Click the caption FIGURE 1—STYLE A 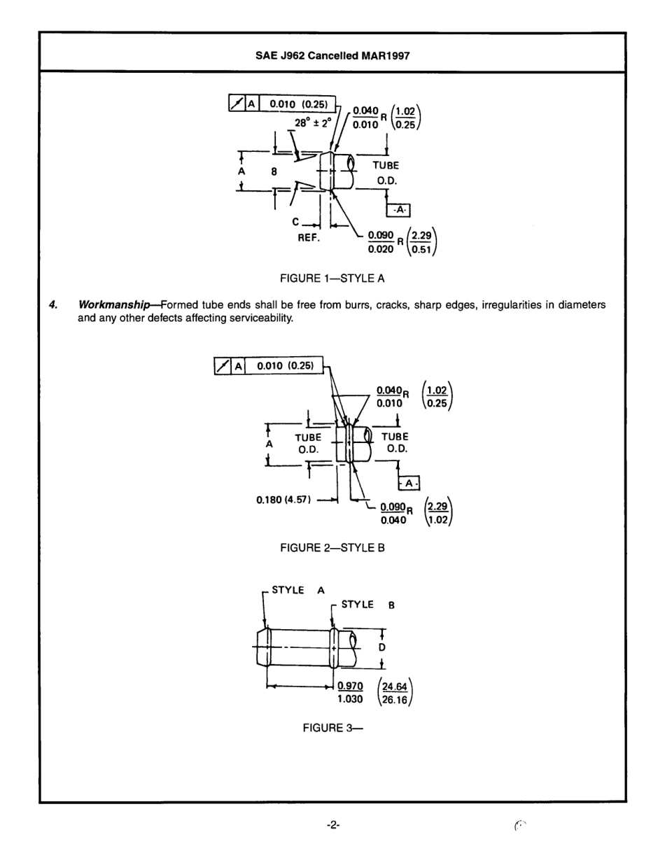tap(332, 279)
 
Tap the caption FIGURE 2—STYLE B tap(332, 548)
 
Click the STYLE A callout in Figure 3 tap(297, 590)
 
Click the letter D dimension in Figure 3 tap(381, 648)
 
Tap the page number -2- tap(333, 826)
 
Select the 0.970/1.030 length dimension tap(353, 692)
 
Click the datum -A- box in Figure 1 tap(399, 209)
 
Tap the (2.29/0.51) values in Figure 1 tap(423, 240)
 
